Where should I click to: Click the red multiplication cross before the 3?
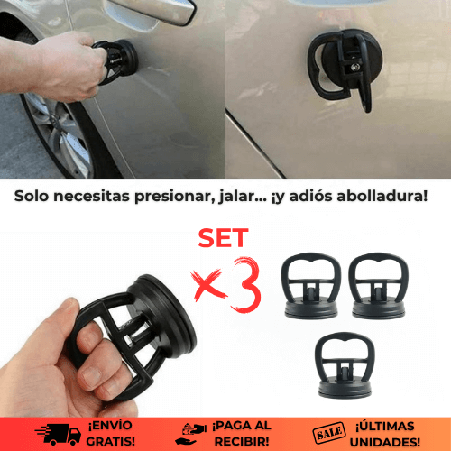[210, 285]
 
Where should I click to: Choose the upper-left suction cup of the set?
[311, 286]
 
